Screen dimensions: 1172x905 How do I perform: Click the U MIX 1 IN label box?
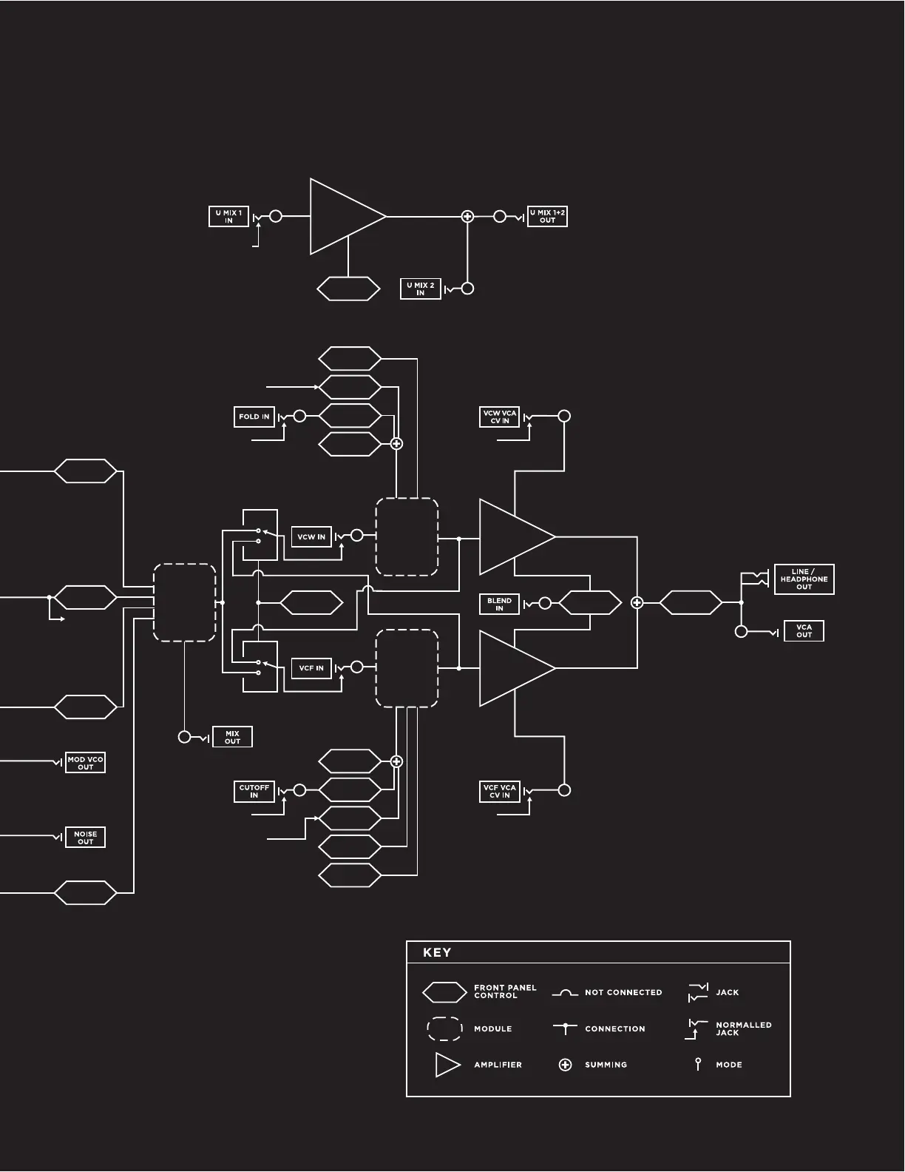pyautogui.click(x=228, y=217)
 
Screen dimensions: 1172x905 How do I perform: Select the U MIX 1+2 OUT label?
pyautogui.click(x=547, y=217)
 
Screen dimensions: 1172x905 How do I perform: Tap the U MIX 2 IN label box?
pyautogui.click(x=420, y=289)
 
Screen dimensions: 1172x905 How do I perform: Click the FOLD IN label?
pyautogui.click(x=254, y=417)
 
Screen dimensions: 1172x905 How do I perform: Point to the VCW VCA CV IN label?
pyautogui.click(x=500, y=417)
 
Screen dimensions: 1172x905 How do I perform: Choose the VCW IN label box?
pyautogui.click(x=311, y=537)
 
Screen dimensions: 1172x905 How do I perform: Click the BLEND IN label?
pyautogui.click(x=499, y=604)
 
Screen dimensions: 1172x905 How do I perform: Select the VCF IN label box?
pyautogui.click(x=311, y=668)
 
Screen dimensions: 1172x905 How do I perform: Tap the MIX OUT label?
pyautogui.click(x=232, y=737)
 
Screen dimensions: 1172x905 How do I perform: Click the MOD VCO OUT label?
pyautogui.click(x=86, y=763)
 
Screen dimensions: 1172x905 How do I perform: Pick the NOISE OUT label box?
pyautogui.click(x=86, y=838)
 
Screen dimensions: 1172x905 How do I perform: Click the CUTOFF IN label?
pyautogui.click(x=254, y=791)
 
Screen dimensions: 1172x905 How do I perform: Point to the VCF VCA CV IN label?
pyautogui.click(x=500, y=791)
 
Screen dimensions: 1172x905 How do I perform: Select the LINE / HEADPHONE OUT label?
pyautogui.click(x=804, y=579)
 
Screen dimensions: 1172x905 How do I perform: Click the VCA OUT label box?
pyautogui.click(x=804, y=631)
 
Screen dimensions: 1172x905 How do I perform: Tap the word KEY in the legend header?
pyautogui.click(x=437, y=953)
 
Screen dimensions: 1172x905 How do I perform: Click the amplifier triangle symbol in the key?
pyautogui.click(x=447, y=1065)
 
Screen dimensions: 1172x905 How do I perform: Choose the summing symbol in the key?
pyautogui.click(x=566, y=1065)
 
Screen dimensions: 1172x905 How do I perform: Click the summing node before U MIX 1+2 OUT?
pyautogui.click(x=467, y=217)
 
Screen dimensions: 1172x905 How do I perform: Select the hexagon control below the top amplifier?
pyautogui.click(x=348, y=289)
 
